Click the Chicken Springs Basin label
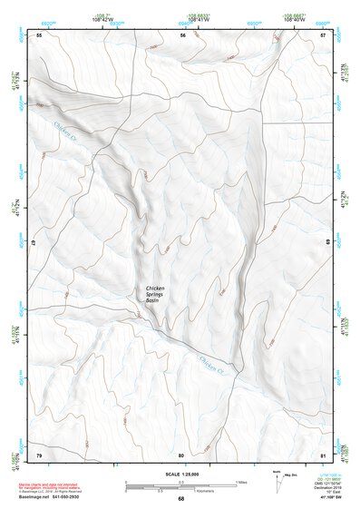pyautogui.click(x=159, y=298)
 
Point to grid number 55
pyautogui.click(x=39, y=34)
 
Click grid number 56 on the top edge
pyautogui.click(x=182, y=34)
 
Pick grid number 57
pyautogui.click(x=324, y=34)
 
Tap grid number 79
pyautogui.click(x=39, y=454)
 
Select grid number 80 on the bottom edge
pyautogui.click(x=181, y=454)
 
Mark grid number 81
pyautogui.click(x=324, y=454)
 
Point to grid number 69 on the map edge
pyautogui.click(x=327, y=243)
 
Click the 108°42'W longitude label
pyautogui.click(x=102, y=18)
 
